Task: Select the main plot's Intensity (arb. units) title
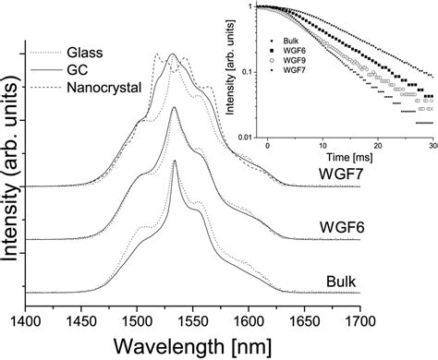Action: click(10, 175)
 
